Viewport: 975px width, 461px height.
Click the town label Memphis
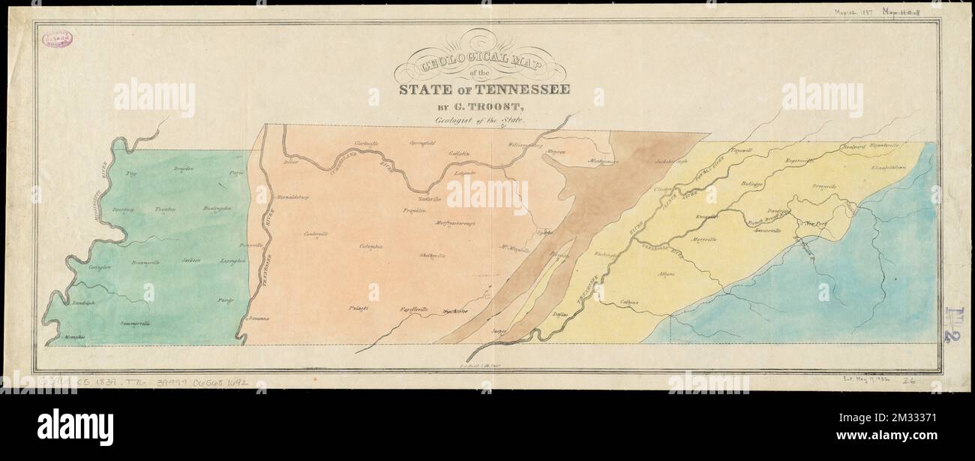(x=74, y=337)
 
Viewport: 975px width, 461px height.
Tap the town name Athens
(x=666, y=275)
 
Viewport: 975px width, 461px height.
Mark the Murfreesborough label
(x=457, y=223)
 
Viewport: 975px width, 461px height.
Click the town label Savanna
(x=259, y=319)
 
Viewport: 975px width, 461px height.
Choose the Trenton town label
(x=165, y=209)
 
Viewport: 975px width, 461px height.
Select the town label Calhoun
(x=629, y=303)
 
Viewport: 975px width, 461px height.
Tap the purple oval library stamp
(x=58, y=38)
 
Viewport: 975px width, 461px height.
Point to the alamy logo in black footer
(x=75, y=427)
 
